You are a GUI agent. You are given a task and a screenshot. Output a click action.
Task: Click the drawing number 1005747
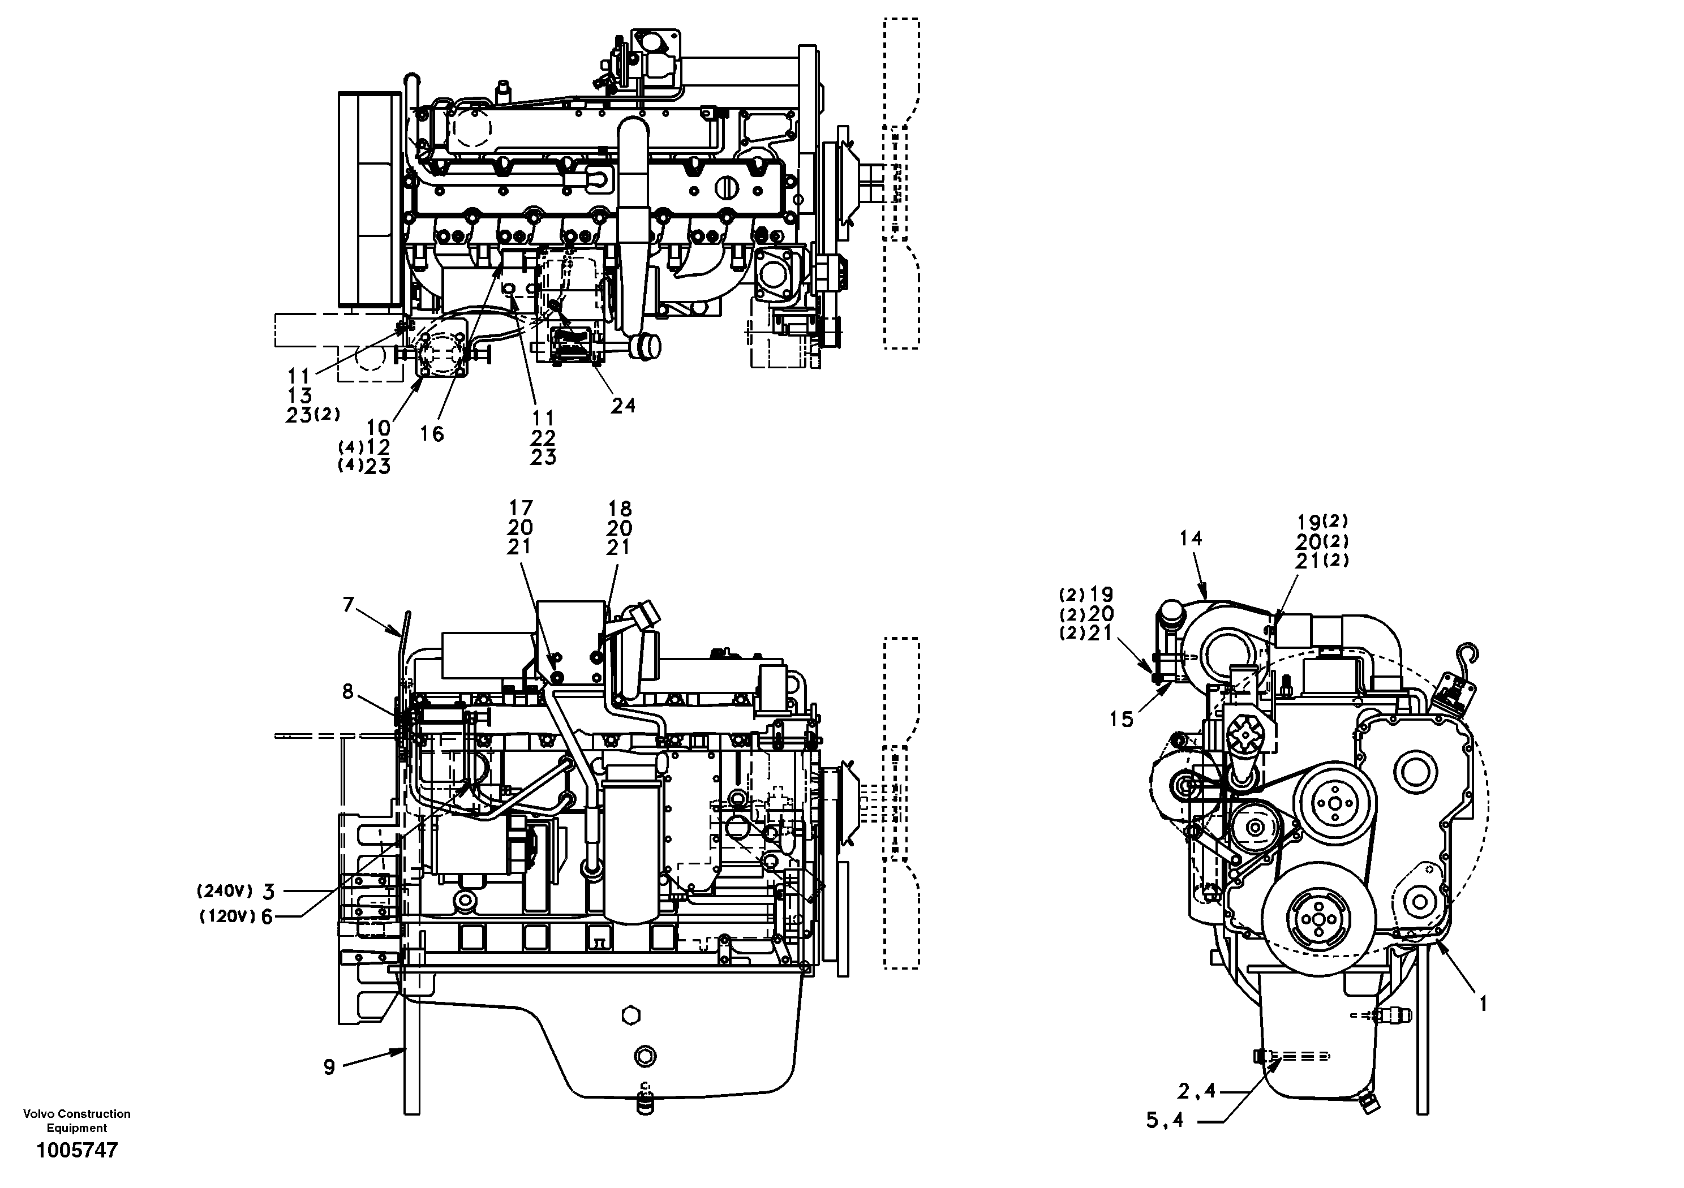77,1151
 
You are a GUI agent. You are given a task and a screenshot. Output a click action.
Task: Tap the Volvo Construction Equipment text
77,1121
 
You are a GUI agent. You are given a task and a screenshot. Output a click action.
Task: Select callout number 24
622,406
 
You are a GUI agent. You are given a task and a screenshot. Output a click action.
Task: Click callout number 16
432,434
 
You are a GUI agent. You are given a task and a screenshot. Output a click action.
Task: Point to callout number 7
349,604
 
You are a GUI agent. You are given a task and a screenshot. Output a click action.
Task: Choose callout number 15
1122,720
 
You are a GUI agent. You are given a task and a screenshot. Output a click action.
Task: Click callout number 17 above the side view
521,507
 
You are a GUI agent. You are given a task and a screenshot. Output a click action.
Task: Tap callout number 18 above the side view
620,508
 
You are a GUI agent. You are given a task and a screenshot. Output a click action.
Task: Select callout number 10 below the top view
379,428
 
